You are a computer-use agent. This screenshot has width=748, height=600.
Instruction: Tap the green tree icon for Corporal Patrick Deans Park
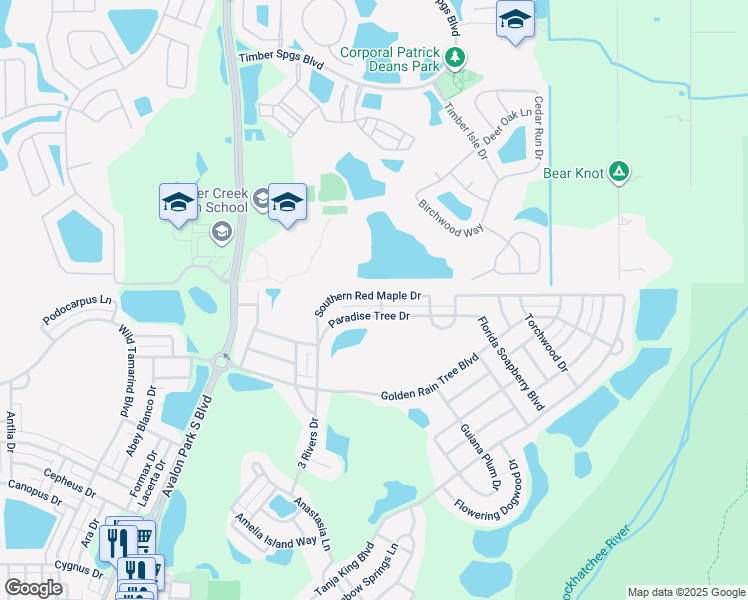pos(455,57)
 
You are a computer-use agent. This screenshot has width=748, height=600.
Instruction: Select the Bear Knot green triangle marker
pos(619,173)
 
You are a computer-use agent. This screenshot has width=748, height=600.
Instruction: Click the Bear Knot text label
pos(573,173)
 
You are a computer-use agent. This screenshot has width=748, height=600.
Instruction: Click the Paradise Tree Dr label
pos(370,318)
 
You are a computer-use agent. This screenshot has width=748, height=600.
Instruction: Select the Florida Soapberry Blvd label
pos(510,364)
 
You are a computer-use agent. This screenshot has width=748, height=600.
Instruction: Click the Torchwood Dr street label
pos(546,344)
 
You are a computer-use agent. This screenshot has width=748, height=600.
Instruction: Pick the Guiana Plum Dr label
pos(480,456)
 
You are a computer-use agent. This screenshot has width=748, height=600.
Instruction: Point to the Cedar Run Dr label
pos(538,128)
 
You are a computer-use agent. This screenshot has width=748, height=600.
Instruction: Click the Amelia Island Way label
pos(283,532)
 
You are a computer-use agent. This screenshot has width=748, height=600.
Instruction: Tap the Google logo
pos(33,588)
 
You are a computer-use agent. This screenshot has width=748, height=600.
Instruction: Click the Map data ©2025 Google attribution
pos(686,592)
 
